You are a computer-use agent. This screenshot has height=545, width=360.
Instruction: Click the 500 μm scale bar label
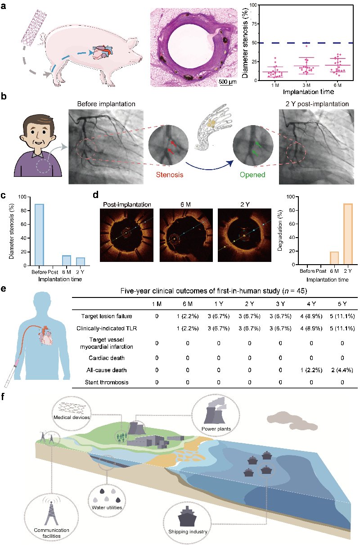point(227,81)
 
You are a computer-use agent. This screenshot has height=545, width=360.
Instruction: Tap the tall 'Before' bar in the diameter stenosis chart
point(40,235)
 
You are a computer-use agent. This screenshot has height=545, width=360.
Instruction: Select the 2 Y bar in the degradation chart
point(348,234)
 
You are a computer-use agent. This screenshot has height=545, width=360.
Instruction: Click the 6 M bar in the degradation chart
point(334,258)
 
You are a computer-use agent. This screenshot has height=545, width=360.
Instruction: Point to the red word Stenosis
point(170,175)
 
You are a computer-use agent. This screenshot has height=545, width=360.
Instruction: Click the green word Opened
point(252,175)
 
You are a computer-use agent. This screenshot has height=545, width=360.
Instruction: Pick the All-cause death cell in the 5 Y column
point(342,370)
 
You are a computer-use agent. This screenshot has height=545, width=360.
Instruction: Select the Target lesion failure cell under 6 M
point(188,316)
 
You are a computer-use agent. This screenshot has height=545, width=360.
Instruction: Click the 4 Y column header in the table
point(311,304)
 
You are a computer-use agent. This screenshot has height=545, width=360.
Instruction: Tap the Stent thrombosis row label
point(107,382)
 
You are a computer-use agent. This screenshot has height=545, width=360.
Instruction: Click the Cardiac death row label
point(107,358)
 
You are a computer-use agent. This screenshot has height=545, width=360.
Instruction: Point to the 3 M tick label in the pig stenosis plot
point(306,85)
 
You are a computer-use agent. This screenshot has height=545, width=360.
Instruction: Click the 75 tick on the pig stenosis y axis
point(254,24)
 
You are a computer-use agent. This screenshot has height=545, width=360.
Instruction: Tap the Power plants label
point(216,429)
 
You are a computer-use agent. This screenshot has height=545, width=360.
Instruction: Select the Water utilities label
point(107,508)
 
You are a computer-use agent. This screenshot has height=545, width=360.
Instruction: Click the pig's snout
point(140,59)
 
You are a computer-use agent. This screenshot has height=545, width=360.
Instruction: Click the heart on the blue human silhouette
point(45,336)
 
